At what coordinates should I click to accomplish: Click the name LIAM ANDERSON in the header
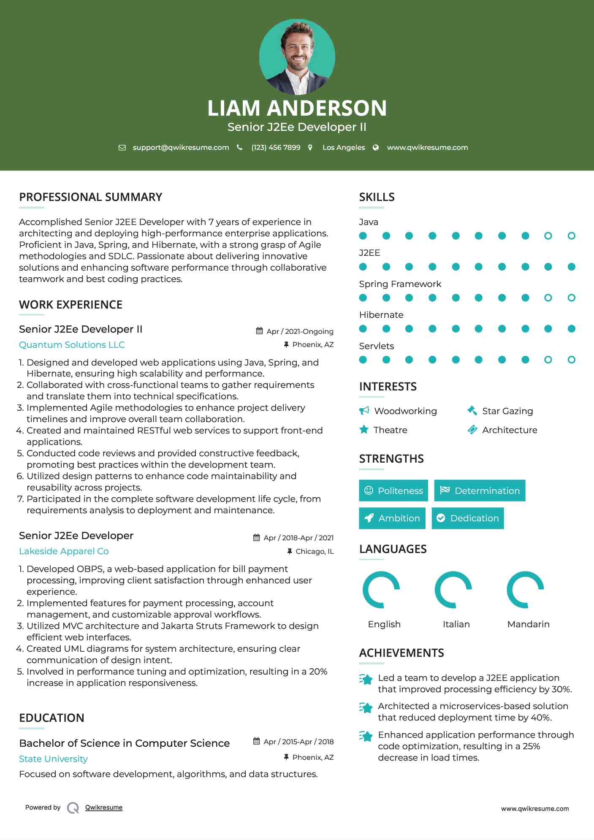pyautogui.click(x=297, y=108)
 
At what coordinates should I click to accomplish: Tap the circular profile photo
pyautogui.click(x=297, y=57)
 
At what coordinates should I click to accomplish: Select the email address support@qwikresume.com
pyautogui.click(x=181, y=147)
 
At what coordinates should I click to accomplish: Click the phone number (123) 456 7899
pyautogui.click(x=276, y=147)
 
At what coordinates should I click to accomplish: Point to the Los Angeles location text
pyautogui.click(x=343, y=147)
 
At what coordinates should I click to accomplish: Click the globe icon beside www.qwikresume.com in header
pyautogui.click(x=376, y=147)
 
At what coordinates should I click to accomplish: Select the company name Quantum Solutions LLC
pyautogui.click(x=72, y=345)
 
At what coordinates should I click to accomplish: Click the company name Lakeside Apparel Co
pyautogui.click(x=64, y=551)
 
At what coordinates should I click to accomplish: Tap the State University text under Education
pyautogui.click(x=53, y=759)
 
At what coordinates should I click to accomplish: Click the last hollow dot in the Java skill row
pyautogui.click(x=571, y=236)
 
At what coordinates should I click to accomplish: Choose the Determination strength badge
pyautogui.click(x=480, y=490)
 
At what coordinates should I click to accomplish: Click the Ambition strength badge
pyautogui.click(x=392, y=518)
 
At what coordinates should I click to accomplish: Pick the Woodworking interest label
pyautogui.click(x=405, y=411)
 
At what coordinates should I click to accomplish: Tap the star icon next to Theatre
pyautogui.click(x=364, y=430)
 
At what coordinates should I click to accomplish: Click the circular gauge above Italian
pyautogui.click(x=453, y=590)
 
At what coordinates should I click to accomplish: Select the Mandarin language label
pyautogui.click(x=528, y=624)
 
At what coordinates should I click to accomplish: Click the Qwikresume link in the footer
pyautogui.click(x=104, y=807)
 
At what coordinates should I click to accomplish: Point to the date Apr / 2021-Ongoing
pyautogui.click(x=300, y=332)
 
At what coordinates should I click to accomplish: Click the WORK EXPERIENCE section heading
pyautogui.click(x=71, y=305)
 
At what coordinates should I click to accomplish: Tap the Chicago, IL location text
pyautogui.click(x=315, y=552)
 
